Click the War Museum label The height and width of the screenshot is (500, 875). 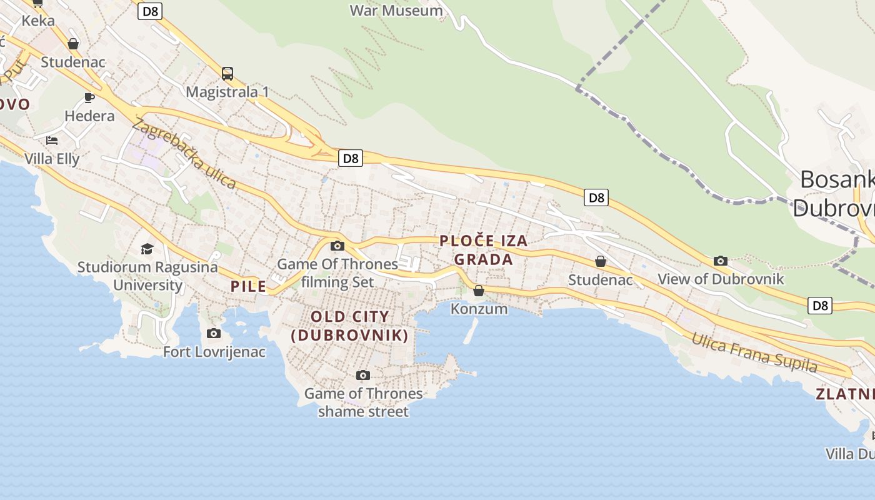click(396, 10)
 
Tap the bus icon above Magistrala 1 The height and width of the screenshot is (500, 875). click(227, 74)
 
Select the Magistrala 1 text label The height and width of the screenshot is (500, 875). click(227, 92)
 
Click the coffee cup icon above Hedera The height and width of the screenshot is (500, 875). click(89, 97)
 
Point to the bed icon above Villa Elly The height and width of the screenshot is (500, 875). click(52, 140)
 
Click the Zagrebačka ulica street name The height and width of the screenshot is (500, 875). click(184, 154)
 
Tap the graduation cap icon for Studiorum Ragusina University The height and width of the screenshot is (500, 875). click(147, 249)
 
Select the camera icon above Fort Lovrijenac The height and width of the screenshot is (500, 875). click(214, 333)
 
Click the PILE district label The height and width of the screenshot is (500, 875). click(249, 286)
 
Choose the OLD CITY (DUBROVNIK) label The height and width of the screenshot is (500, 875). click(350, 326)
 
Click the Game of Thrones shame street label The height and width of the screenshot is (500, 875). click(363, 402)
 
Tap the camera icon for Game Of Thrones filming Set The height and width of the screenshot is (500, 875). click(337, 246)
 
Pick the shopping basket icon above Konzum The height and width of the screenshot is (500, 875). click(479, 291)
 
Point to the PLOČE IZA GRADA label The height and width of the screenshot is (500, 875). click(484, 249)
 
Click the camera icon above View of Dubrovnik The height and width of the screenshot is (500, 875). click(721, 261)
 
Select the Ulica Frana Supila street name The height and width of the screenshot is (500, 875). click(754, 352)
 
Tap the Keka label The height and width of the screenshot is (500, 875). click(38, 20)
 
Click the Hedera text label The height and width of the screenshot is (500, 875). click(90, 116)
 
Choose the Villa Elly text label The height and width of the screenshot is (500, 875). click(52, 158)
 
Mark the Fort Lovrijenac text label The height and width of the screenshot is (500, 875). click(214, 352)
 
